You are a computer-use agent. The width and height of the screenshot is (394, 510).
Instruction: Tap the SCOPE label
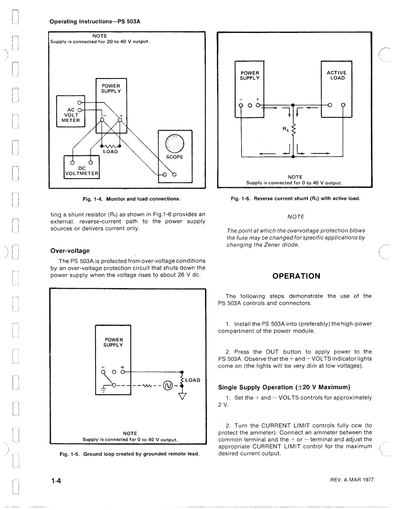point(174,157)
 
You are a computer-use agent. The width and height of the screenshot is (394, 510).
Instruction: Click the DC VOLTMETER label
point(82,171)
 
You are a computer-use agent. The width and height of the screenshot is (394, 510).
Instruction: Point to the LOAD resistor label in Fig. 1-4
point(111,152)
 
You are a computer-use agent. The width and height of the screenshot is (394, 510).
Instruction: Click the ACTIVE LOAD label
point(337,75)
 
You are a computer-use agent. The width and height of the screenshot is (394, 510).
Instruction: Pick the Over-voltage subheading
point(70,251)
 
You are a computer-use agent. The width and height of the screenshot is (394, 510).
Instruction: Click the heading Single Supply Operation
point(284,387)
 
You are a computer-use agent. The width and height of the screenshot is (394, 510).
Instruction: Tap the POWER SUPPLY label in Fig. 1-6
point(250,75)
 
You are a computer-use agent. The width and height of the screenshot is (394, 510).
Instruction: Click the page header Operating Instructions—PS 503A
point(95,21)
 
